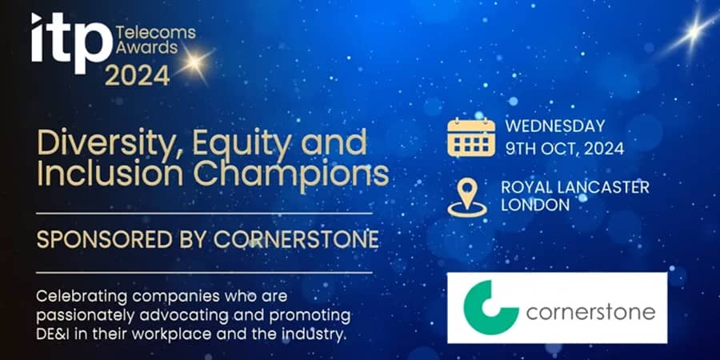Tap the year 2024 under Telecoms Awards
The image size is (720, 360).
click(138, 75)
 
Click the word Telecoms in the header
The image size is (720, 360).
click(150, 32)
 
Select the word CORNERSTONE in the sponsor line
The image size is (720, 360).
click(282, 240)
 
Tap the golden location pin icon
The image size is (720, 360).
click(467, 196)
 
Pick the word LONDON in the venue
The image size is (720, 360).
click(534, 205)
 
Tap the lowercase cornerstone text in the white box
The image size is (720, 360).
click(591, 310)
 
